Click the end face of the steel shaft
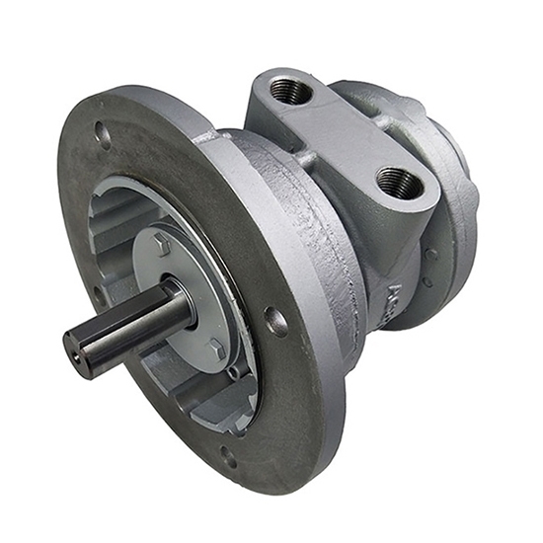(x=78, y=353)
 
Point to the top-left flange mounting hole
(x=102, y=132)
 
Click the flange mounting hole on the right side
(x=277, y=321)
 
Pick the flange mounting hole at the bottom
(x=229, y=456)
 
